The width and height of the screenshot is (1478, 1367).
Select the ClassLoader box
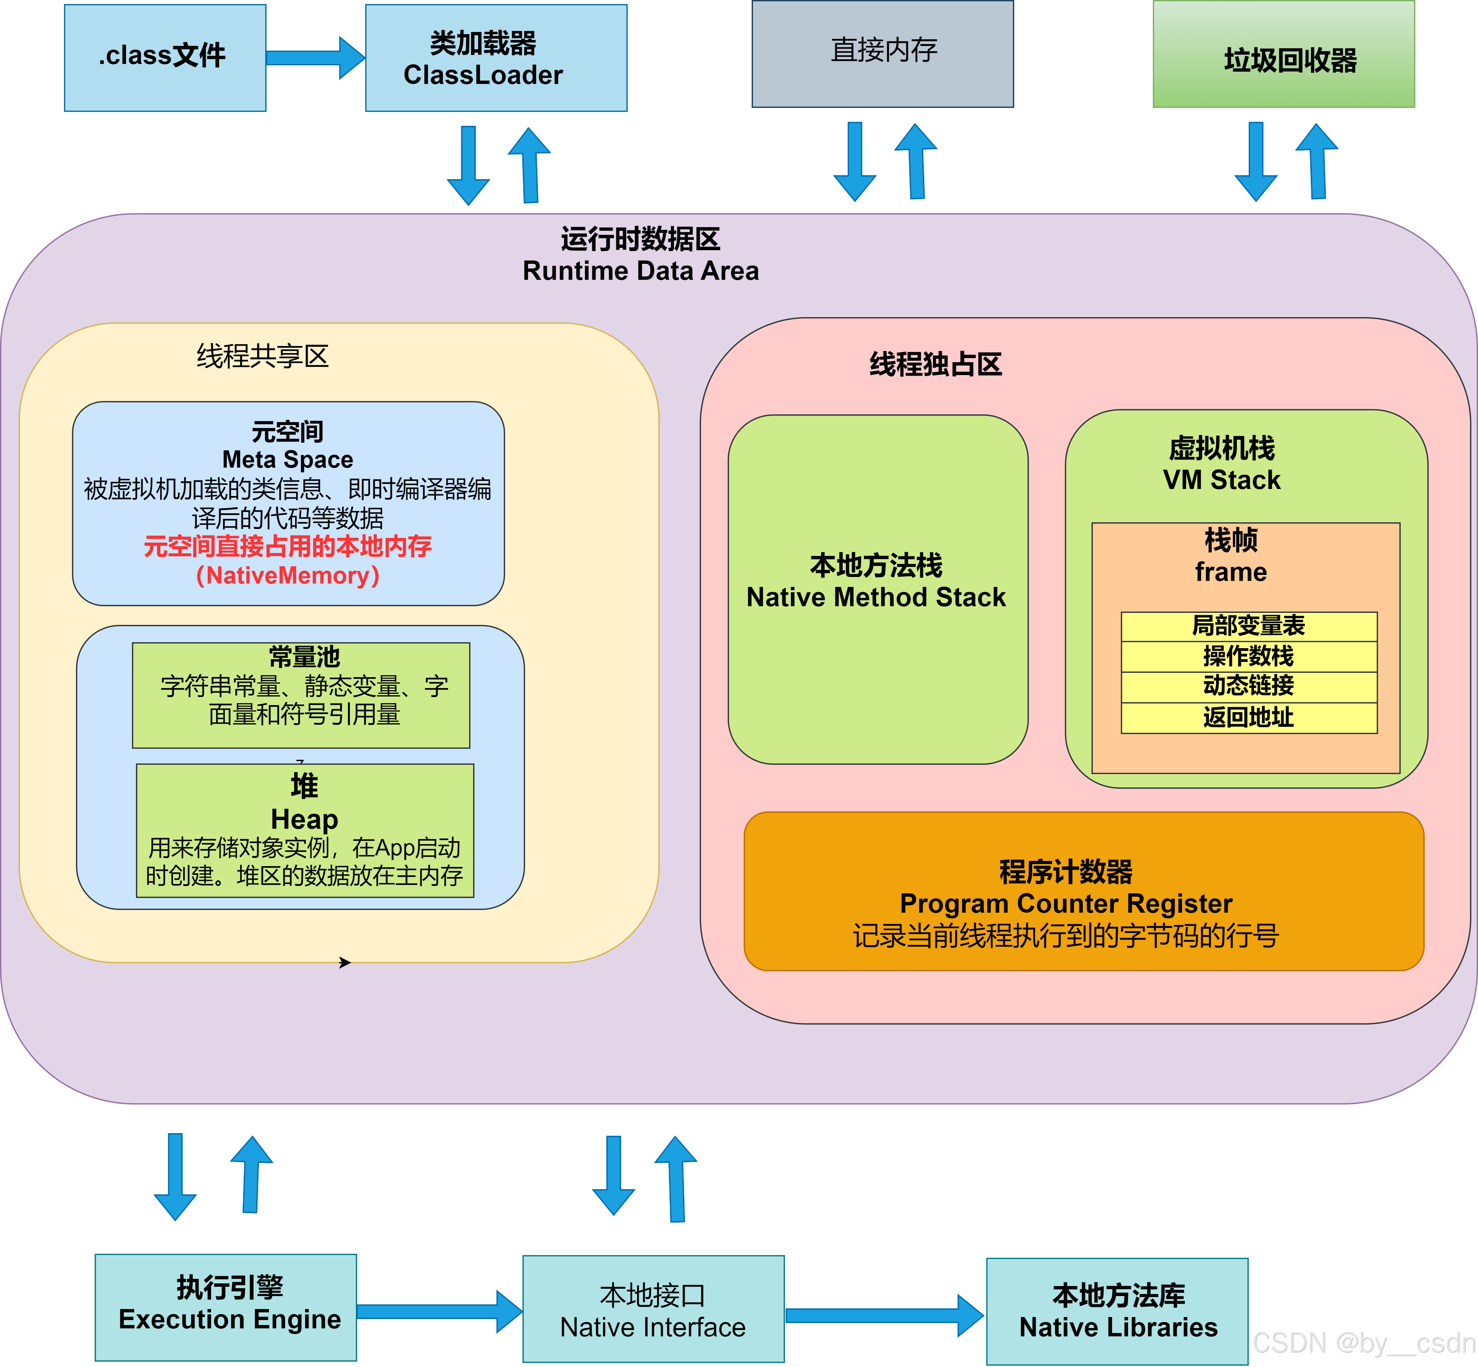click(x=496, y=58)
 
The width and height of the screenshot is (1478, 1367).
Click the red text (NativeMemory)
click(x=288, y=576)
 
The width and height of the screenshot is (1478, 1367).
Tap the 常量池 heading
click(x=304, y=656)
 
